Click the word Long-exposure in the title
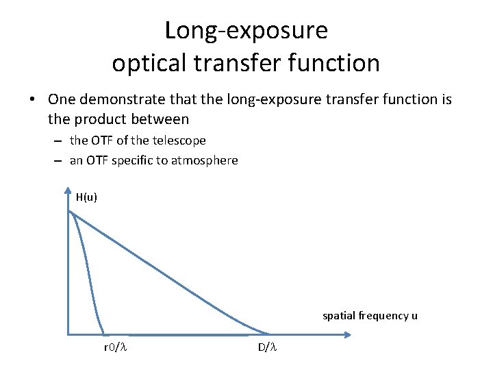tap(246, 31)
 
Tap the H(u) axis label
tap(86, 197)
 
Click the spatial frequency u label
tap(370, 316)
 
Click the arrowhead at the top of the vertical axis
tap(68, 191)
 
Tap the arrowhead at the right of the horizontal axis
tap(348, 335)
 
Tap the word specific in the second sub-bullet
tap(132, 160)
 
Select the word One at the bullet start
tap(62, 100)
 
